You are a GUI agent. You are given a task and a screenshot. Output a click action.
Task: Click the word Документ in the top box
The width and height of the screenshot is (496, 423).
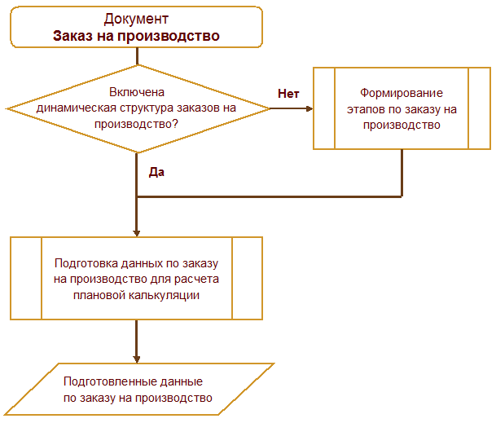click(138, 19)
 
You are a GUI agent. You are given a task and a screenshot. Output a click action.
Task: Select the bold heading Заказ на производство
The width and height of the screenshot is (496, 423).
click(137, 36)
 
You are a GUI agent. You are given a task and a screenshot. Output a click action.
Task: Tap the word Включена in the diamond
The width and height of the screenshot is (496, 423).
click(138, 93)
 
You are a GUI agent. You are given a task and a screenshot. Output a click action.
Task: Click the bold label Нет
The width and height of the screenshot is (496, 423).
click(288, 93)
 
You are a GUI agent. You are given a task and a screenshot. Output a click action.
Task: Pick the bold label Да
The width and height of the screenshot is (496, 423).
click(157, 173)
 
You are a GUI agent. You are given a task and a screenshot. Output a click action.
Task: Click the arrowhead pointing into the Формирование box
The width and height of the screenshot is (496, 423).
click(309, 108)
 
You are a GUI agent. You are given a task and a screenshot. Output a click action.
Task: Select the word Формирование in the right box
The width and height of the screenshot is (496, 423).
click(402, 93)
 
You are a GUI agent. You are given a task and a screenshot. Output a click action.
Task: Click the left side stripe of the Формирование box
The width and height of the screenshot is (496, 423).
click(325, 108)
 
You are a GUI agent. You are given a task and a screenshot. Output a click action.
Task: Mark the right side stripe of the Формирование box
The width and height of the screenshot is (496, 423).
click(480, 108)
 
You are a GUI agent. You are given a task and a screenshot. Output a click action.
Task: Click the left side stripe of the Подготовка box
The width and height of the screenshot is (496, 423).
click(26, 279)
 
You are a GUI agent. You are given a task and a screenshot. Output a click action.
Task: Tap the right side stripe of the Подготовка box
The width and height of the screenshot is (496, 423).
click(248, 279)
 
